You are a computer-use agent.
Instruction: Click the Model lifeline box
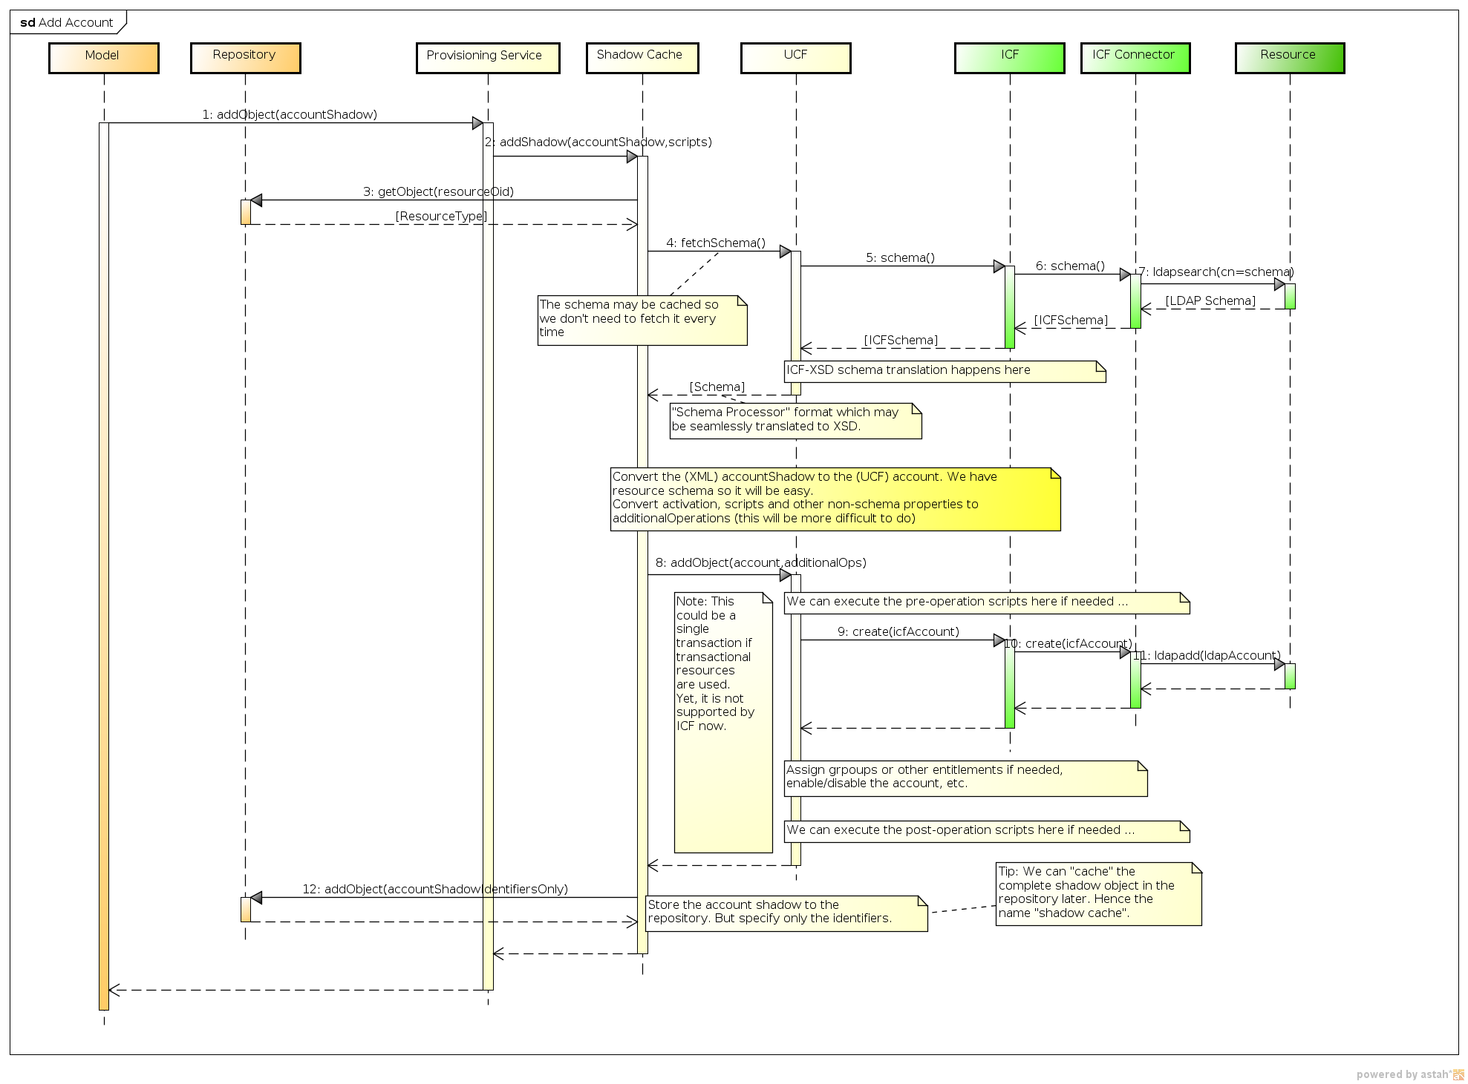pyautogui.click(x=103, y=57)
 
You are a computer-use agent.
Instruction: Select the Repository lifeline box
pyautogui.click(x=245, y=57)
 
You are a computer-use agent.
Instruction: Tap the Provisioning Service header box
pyautogui.click(x=487, y=57)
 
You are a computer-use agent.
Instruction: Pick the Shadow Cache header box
pyautogui.click(x=642, y=57)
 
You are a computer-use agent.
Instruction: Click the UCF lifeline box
pyautogui.click(x=795, y=57)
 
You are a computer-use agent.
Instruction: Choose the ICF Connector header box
pyautogui.click(x=1135, y=57)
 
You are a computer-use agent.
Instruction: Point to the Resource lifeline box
pyautogui.click(x=1289, y=57)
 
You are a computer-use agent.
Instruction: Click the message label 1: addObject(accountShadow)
pyautogui.click(x=290, y=114)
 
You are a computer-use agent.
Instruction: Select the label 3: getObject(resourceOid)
pyautogui.click(x=438, y=191)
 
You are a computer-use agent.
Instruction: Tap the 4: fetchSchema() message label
pyautogui.click(x=715, y=243)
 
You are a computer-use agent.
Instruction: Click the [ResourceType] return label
pyautogui.click(x=441, y=216)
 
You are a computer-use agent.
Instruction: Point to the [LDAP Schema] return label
pyautogui.click(x=1210, y=300)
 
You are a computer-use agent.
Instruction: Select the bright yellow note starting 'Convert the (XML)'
pyautogui.click(x=835, y=499)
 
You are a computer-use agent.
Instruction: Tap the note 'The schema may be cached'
pyautogui.click(x=642, y=320)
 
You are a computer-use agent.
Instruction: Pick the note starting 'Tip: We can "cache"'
pyautogui.click(x=1097, y=893)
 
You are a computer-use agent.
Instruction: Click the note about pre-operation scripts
pyautogui.click(x=986, y=602)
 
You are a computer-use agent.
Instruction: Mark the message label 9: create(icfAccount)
pyautogui.click(x=898, y=631)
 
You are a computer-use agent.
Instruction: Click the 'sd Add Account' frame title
pyautogui.click(x=67, y=22)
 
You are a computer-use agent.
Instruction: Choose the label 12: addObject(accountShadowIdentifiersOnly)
pyautogui.click(x=434, y=889)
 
